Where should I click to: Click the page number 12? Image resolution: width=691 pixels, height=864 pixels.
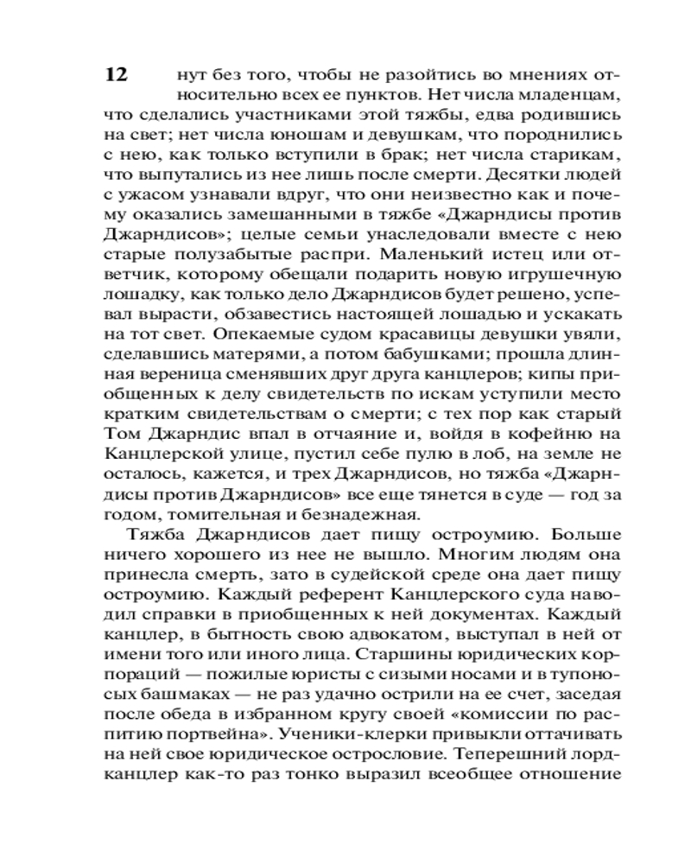coord(116,74)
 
